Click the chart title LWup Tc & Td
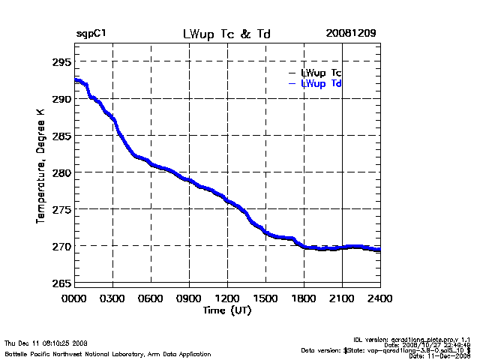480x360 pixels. pyautogui.click(x=226, y=34)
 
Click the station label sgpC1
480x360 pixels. pyautogui.click(x=92, y=34)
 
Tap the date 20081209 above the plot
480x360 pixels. pyautogui.click(x=351, y=34)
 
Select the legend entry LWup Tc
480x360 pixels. pyautogui.click(x=321, y=73)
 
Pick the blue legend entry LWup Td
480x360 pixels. pyautogui.click(x=321, y=84)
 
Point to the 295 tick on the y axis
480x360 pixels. pyautogui.click(x=61, y=61)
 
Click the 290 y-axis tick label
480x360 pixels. pyautogui.click(x=61, y=99)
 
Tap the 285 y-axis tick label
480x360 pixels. pyautogui.click(x=61, y=136)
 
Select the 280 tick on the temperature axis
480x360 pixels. pyautogui.click(x=61, y=172)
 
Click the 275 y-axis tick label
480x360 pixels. pyautogui.click(x=61, y=209)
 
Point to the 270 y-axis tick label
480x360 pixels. pyautogui.click(x=61, y=246)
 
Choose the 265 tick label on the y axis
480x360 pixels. pyautogui.click(x=61, y=283)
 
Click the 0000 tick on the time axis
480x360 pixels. pyautogui.click(x=74, y=298)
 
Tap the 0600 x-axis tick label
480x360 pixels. pyautogui.click(x=151, y=298)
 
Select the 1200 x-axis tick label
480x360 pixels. pyautogui.click(x=228, y=298)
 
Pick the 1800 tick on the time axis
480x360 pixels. pyautogui.click(x=304, y=298)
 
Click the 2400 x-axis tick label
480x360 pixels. pyautogui.click(x=380, y=298)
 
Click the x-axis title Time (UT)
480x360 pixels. pyautogui.click(x=226, y=309)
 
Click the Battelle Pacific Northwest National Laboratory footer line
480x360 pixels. pyautogui.click(x=108, y=353)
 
